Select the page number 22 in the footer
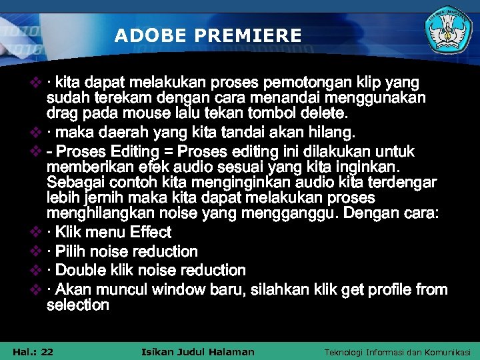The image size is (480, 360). tap(47, 351)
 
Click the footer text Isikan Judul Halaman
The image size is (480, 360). tap(199, 351)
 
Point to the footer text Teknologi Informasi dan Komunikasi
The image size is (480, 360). tap(397, 352)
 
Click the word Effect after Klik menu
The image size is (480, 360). tap(151, 233)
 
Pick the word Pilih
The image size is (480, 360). tap(73, 251)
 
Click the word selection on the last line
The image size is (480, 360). tap(78, 305)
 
